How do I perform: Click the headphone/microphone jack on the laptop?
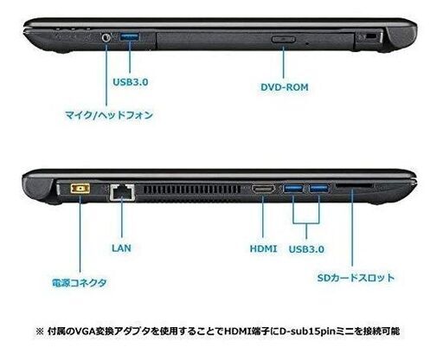click(106, 37)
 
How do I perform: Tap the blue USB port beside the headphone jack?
click(130, 36)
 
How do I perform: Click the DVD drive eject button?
click(283, 39)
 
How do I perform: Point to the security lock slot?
click(369, 36)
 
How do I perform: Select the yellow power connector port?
click(80, 189)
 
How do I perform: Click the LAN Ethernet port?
click(122, 192)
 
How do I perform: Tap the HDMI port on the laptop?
click(263, 189)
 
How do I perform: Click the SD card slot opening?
click(355, 186)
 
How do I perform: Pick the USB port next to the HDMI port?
click(293, 189)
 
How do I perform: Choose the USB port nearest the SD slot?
click(318, 189)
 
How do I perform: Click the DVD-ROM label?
click(285, 87)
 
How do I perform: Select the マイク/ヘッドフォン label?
click(109, 115)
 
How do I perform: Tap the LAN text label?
click(121, 247)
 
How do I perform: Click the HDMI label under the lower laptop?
click(263, 248)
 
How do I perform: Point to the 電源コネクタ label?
click(79, 283)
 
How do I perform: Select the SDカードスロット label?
click(356, 278)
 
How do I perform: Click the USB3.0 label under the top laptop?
click(131, 82)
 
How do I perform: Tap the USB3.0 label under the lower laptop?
click(306, 249)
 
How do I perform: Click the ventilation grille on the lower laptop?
click(192, 190)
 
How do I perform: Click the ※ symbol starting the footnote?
click(40, 331)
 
